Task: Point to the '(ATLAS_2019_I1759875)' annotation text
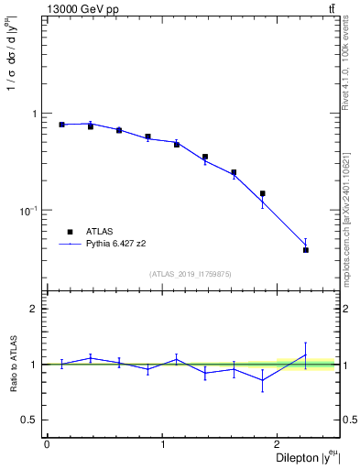pos(191,273)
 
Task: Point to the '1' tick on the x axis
pos(163,444)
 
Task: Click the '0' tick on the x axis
pos(47,444)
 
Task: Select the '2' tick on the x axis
pos(280,444)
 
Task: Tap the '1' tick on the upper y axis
pos(36,114)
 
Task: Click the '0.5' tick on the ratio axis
pos(30,420)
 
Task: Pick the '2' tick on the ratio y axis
pos(36,309)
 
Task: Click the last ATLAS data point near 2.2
pos(306,249)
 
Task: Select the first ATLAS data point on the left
pos(61,125)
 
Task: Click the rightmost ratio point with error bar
pos(306,354)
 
